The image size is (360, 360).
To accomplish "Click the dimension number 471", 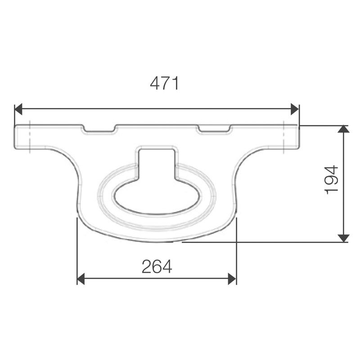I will point(165,84).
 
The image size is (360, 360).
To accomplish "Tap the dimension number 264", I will point(157,267).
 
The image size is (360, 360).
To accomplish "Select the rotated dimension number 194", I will point(332,180).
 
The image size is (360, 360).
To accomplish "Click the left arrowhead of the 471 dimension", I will point(18,109).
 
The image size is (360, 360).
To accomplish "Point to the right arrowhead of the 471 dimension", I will point(295,109).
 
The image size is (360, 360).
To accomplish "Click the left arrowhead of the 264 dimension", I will point(81,279).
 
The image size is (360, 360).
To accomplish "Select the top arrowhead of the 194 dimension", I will point(343,129).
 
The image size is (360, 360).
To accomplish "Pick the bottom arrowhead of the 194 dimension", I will point(343,238).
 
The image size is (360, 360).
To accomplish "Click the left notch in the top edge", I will point(99,130).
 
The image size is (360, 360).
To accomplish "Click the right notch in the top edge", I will point(215,130).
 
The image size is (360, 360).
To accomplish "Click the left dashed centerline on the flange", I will point(28,137).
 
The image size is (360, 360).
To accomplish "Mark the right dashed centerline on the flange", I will point(284,137).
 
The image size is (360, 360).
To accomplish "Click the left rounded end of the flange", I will point(16,137).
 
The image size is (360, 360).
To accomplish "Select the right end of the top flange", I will point(297,137).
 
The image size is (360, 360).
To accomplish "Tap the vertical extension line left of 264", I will point(77,252).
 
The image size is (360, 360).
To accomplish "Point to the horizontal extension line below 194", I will point(270,242).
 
